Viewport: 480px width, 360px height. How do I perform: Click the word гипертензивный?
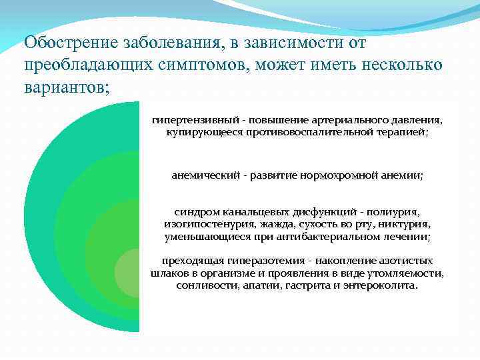click(x=192, y=121)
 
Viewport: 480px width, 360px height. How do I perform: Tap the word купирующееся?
click(x=197, y=133)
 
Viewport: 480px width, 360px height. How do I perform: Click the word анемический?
click(x=205, y=175)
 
